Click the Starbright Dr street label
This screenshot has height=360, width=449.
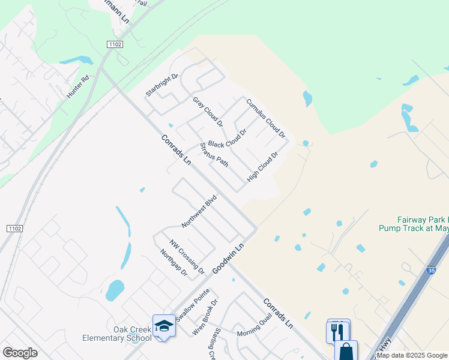click(x=163, y=85)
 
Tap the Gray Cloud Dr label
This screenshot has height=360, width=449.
click(x=208, y=111)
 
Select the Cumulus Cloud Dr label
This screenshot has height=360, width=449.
click(x=265, y=118)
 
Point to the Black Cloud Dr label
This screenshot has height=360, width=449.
click(x=228, y=140)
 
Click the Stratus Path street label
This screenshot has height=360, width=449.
click(x=214, y=154)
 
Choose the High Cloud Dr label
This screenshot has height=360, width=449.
click(x=263, y=167)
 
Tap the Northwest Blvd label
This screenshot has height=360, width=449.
click(x=199, y=211)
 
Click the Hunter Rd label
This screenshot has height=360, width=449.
click(x=77, y=87)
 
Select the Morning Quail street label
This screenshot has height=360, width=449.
click(x=254, y=327)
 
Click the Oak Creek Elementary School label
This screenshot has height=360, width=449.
click(x=116, y=334)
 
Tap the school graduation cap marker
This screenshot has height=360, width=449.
click(x=164, y=326)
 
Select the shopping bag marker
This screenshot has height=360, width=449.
click(x=346, y=351)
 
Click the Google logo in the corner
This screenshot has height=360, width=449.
click(x=20, y=353)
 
